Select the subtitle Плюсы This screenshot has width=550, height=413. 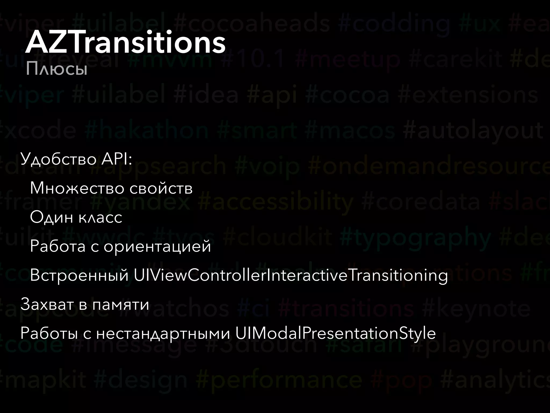(x=57, y=70)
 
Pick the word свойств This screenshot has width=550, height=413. (x=161, y=188)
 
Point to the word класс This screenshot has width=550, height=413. (x=100, y=217)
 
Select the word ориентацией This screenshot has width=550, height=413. (x=157, y=246)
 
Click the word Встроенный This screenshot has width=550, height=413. (x=79, y=275)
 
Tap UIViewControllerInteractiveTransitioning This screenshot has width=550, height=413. (x=291, y=275)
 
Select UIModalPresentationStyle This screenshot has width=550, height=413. (x=335, y=333)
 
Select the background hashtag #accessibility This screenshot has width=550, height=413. (x=276, y=202)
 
